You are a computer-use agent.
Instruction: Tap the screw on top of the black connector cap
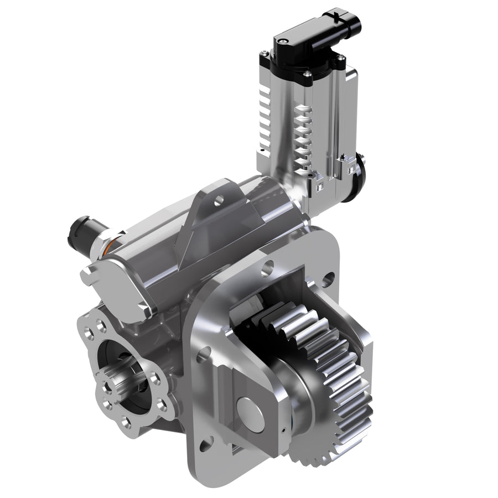pos(282,40)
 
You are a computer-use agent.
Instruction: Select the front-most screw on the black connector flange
pos(306,73)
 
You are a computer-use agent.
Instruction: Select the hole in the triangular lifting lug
pos(220,198)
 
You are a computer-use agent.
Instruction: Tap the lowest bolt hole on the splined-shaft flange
pos(126,423)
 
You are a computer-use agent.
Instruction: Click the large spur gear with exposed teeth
pos(338,387)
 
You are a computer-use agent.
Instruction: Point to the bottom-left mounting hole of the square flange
pos(206,443)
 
